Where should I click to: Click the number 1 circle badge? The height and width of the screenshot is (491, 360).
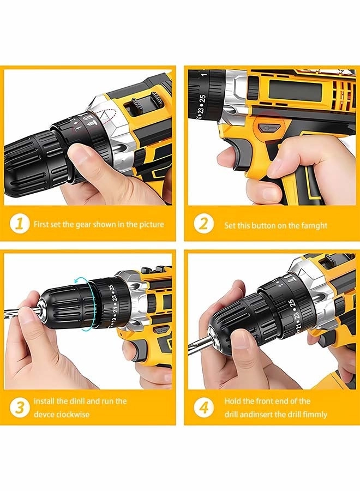click(20, 224)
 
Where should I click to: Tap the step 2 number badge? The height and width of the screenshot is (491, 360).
click(203, 224)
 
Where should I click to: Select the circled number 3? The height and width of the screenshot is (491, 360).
click(20, 408)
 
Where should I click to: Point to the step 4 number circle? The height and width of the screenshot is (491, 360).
click(203, 408)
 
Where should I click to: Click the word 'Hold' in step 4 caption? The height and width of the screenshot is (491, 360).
click(233, 401)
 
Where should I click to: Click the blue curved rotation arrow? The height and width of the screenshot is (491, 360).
click(82, 303)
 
